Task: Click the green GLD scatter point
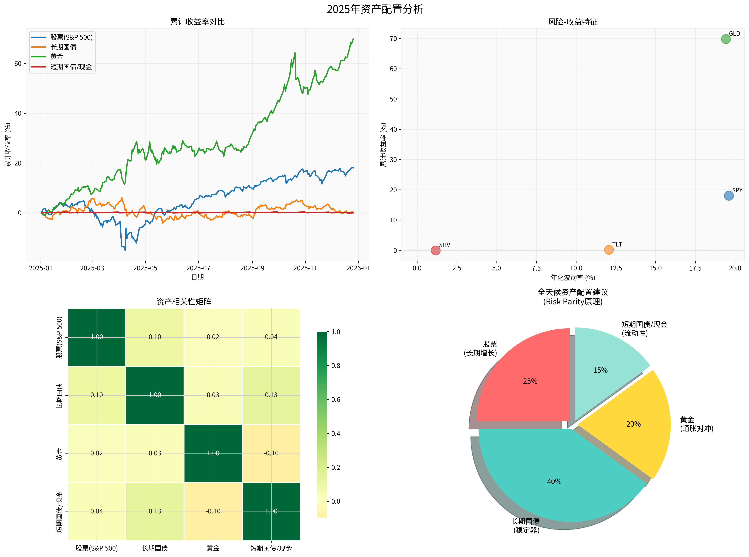tap(725, 39)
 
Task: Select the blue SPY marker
tap(728, 196)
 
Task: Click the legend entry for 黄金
tap(57, 57)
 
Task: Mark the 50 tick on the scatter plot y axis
tap(393, 99)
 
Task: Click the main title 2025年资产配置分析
tap(374, 9)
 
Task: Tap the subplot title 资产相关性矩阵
tap(184, 301)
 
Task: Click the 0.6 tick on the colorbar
tap(335, 400)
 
